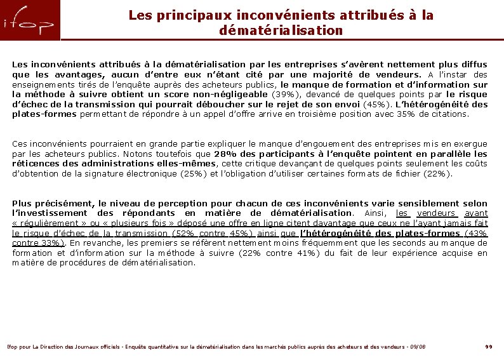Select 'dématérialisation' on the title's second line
[x=281, y=30]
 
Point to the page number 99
[x=488, y=347]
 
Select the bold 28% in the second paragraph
[x=224, y=154]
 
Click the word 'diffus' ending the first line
[x=474, y=64]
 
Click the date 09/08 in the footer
[x=418, y=347]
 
